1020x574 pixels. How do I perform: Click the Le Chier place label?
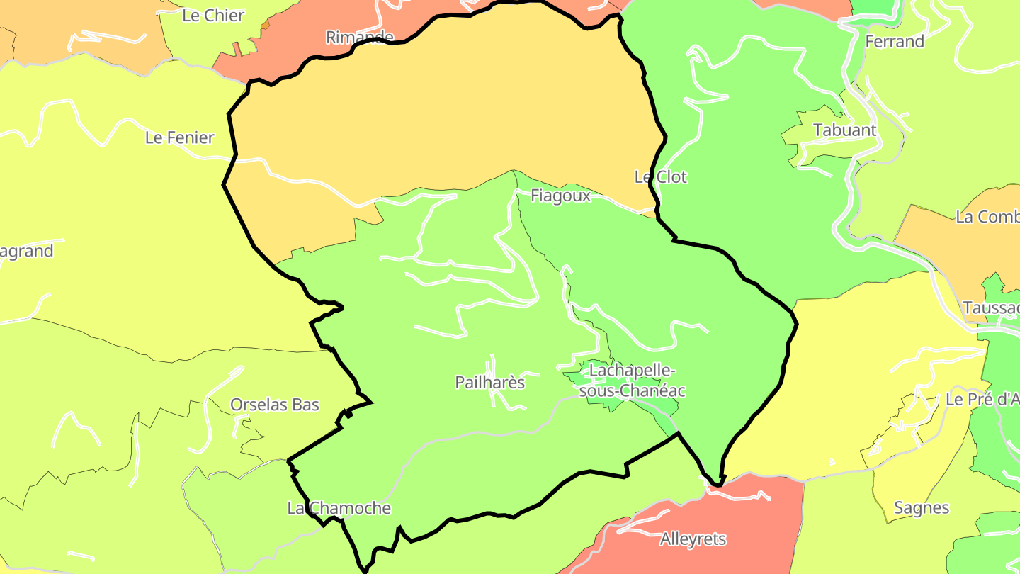coord(213,16)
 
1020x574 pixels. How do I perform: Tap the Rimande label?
coord(359,37)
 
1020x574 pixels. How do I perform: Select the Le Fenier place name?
coord(179,137)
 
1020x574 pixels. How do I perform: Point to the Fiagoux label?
coord(560,196)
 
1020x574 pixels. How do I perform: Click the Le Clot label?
coord(660,176)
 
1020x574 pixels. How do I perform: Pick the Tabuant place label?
coord(844,130)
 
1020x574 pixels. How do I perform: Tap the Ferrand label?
coord(895,42)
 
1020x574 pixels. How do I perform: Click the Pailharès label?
coord(489,383)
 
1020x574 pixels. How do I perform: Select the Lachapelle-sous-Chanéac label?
coord(633,381)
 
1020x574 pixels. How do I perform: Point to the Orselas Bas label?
coord(275,405)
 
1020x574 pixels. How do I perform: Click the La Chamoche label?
coord(339,508)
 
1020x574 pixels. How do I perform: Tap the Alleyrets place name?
coord(693,539)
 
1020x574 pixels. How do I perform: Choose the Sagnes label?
coord(922,508)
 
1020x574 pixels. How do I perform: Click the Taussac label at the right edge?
coord(991,308)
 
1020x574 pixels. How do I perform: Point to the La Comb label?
coord(987,217)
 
